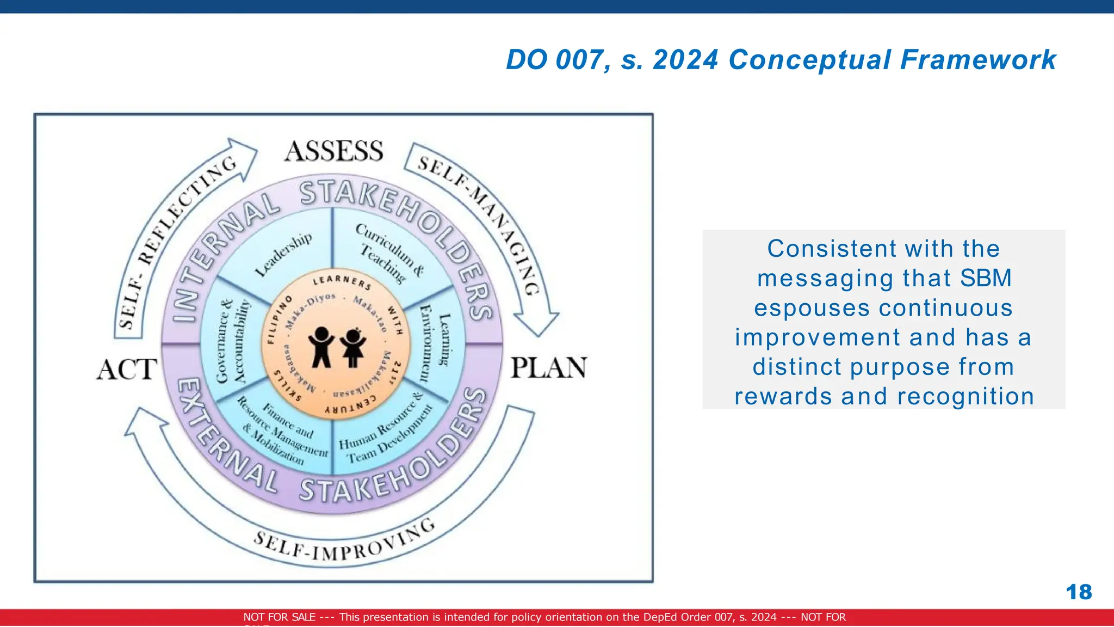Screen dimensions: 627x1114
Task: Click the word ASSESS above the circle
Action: pyautogui.click(x=333, y=151)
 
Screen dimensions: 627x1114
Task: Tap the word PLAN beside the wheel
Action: pyautogui.click(x=548, y=368)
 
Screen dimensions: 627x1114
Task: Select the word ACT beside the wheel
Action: pyautogui.click(x=127, y=370)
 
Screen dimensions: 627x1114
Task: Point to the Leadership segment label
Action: pyautogui.click(x=283, y=254)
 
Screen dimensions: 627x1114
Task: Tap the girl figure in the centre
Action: pyautogui.click(x=353, y=348)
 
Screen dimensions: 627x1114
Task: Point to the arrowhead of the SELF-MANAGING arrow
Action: pyautogui.click(x=539, y=324)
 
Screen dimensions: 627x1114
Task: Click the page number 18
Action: pyautogui.click(x=1078, y=592)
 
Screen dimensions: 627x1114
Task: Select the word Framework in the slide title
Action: pyautogui.click(x=977, y=59)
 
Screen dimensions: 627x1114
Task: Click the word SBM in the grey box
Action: pyautogui.click(x=985, y=278)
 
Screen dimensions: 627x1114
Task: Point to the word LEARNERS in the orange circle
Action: pyautogui.click(x=342, y=281)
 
